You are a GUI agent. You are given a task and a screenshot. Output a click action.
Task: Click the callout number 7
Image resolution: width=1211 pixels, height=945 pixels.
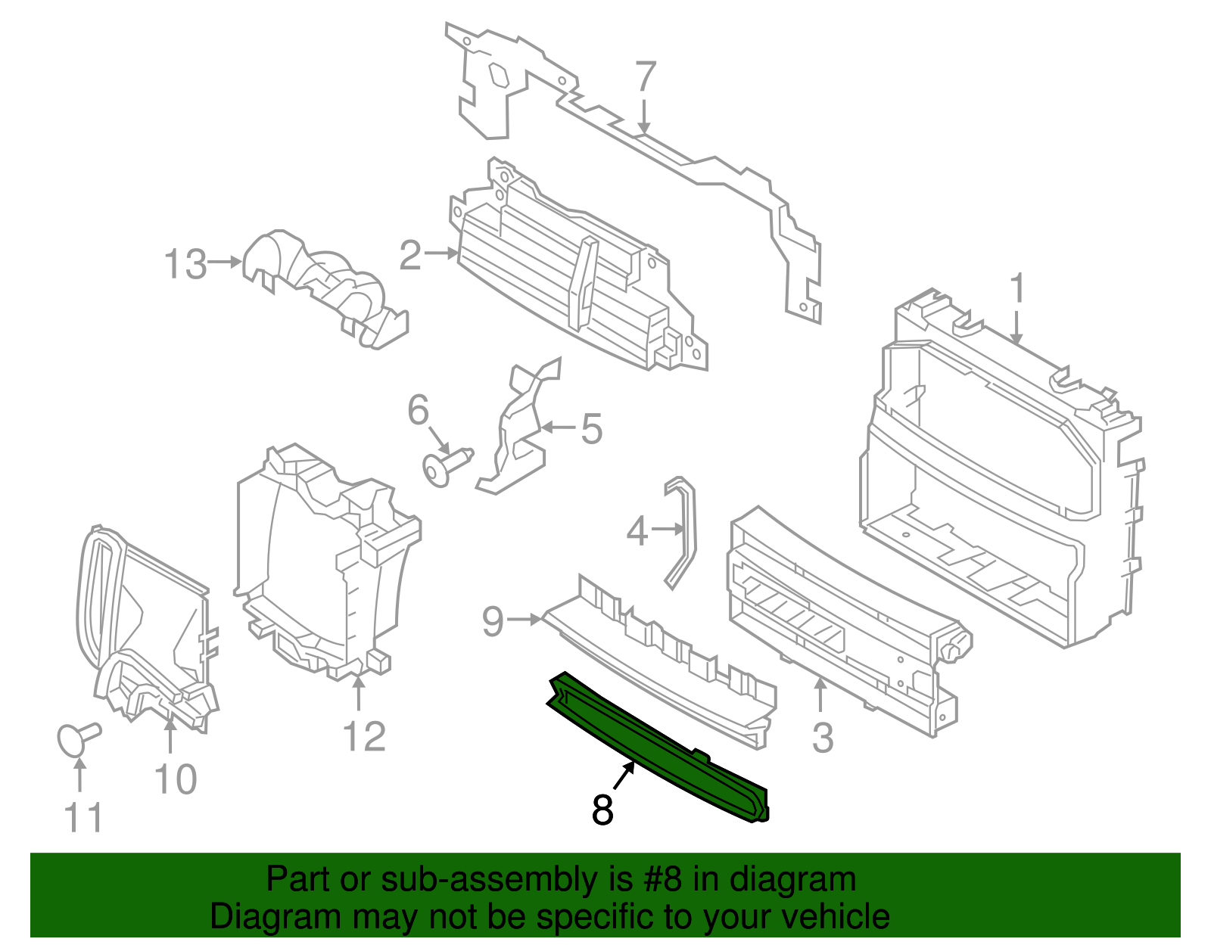tap(644, 77)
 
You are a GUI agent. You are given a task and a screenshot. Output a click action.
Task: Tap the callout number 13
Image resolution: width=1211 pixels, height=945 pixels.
tap(185, 264)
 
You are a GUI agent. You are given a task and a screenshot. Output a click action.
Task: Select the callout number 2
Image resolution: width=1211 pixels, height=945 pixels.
tap(410, 255)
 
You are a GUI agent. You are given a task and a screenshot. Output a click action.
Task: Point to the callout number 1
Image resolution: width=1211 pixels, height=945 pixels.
tap(1018, 291)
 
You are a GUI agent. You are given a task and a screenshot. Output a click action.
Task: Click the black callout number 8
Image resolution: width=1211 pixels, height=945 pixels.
tap(602, 810)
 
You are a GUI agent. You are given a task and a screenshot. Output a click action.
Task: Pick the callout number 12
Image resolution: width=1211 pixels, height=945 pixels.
tap(364, 736)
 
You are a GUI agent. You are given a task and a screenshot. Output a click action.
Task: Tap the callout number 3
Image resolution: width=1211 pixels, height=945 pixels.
tap(823, 738)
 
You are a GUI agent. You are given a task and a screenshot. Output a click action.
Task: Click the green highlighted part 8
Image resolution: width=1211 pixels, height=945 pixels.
tap(658, 749)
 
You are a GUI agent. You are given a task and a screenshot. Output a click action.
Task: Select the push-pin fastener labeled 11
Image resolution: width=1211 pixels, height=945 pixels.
tap(76, 738)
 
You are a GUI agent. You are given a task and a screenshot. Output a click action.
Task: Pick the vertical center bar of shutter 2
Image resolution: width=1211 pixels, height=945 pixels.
tap(583, 284)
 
